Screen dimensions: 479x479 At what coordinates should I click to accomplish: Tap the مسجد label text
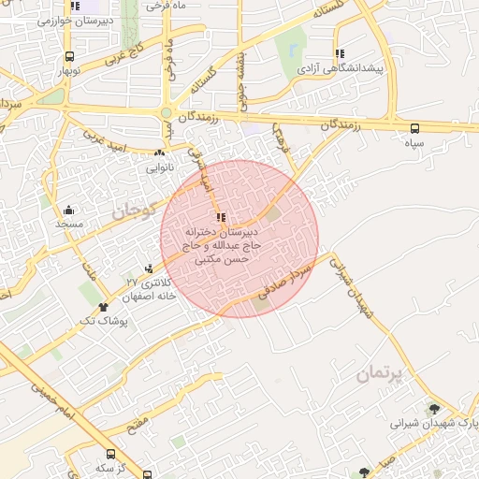(69, 225)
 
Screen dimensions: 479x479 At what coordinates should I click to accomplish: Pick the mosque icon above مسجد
(69, 210)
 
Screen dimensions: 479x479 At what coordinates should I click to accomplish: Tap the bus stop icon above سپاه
(414, 128)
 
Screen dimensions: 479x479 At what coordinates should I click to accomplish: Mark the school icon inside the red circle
(221, 217)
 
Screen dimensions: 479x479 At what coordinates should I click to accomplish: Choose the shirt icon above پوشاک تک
(103, 306)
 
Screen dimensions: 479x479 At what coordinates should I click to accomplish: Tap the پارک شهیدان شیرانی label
(434, 424)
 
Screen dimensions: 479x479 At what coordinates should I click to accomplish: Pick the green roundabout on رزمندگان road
(166, 113)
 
